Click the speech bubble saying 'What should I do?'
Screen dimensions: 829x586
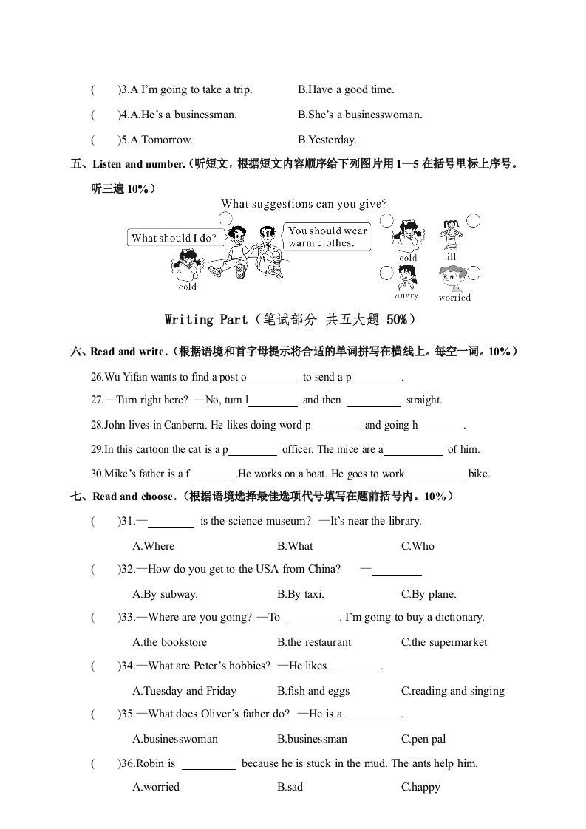point(173,238)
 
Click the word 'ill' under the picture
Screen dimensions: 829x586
point(452,257)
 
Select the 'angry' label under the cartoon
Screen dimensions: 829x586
point(406,296)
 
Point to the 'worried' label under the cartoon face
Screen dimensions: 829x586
point(454,298)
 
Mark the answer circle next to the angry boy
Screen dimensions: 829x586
point(385,273)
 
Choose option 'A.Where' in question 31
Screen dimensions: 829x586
point(154,546)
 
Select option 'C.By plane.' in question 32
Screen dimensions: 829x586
point(429,594)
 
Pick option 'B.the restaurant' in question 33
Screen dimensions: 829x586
point(314,642)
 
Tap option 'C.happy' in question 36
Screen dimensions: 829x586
point(420,787)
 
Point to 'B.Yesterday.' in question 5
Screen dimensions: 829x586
point(327,139)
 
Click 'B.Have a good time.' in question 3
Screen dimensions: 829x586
point(346,89)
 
